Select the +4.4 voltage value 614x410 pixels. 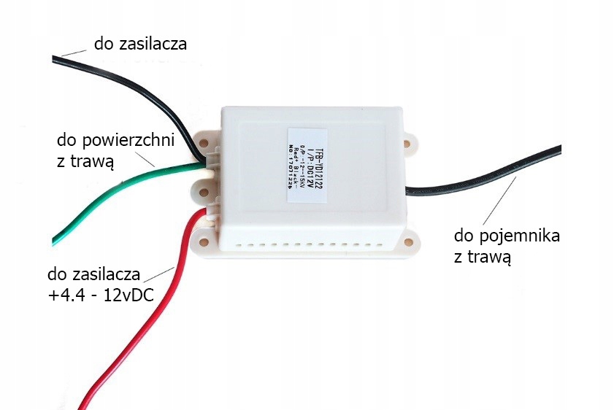(64, 298)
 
